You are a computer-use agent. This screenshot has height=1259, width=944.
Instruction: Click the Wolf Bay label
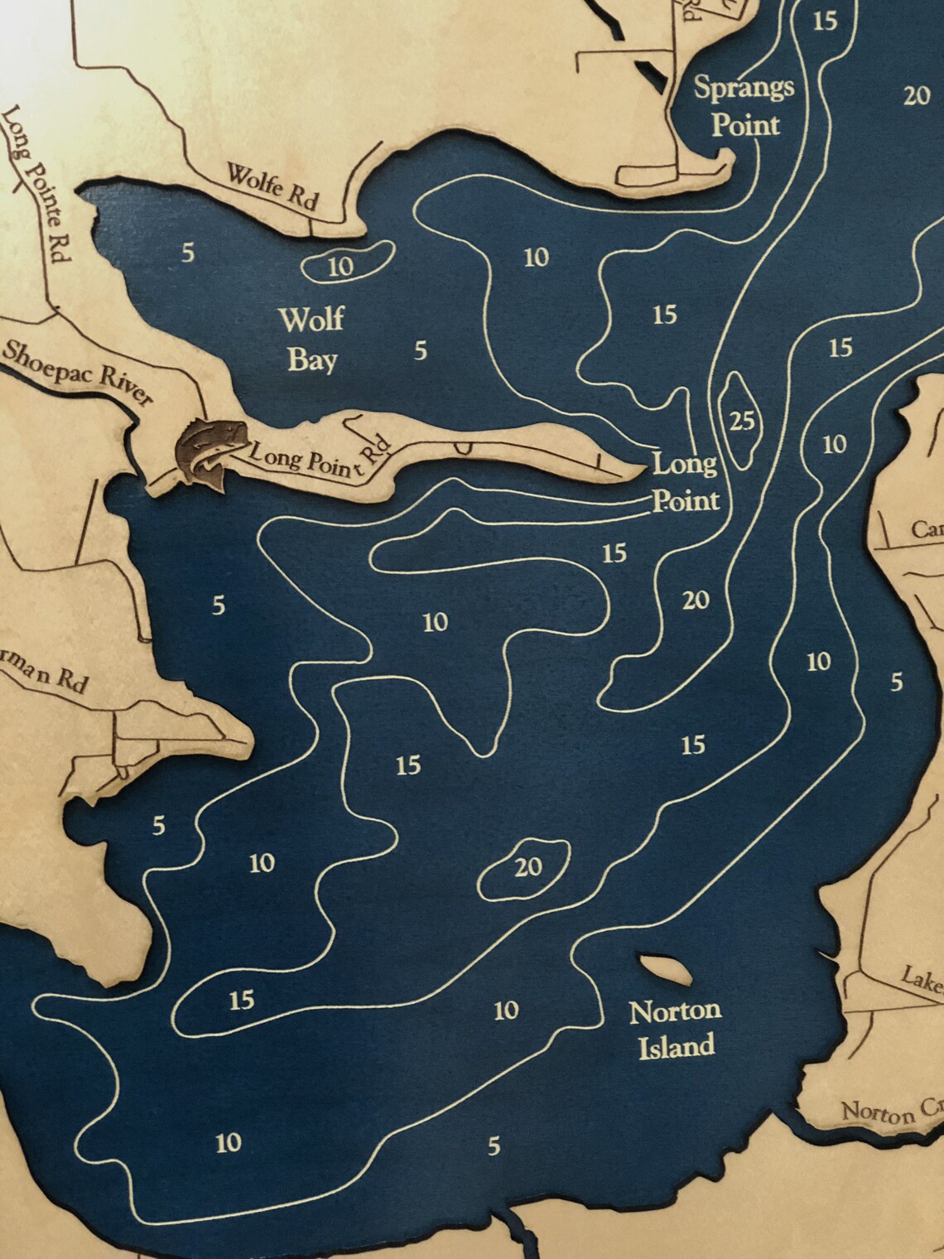point(311,339)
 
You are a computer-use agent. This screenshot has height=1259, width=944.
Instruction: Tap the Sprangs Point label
point(744,105)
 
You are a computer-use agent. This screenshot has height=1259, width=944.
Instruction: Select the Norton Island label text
point(675,1028)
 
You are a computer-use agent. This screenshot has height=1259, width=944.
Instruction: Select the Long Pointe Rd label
point(38,182)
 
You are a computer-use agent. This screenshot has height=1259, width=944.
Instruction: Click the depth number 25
point(742,422)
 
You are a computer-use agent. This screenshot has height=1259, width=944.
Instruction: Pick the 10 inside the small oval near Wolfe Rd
point(341,266)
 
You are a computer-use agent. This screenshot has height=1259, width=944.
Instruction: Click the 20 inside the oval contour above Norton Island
point(528,867)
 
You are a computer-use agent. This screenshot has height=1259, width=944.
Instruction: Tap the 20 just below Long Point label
point(696,599)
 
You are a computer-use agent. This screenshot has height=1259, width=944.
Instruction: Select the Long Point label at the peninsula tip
point(685,481)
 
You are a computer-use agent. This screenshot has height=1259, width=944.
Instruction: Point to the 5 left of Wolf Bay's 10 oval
point(189,252)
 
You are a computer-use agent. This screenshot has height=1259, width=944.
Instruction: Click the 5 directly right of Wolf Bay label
point(421,351)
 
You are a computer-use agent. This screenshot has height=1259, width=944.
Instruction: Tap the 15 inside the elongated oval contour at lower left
point(241,1001)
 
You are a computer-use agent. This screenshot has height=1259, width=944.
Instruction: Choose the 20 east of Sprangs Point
point(917,96)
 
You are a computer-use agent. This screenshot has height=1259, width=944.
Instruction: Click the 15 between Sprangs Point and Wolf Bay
point(664,315)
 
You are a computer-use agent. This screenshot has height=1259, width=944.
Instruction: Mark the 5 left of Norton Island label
point(494,1146)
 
